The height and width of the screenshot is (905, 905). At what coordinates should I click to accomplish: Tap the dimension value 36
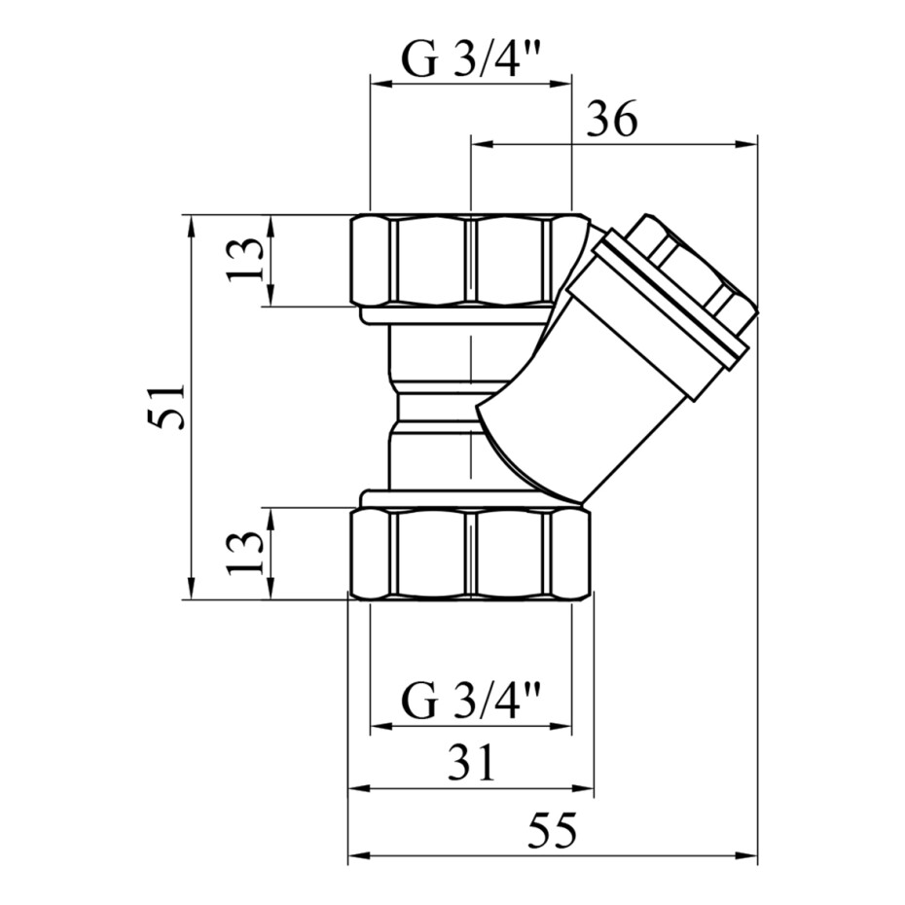click(612, 120)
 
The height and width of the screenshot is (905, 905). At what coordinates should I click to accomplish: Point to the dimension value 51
click(165, 408)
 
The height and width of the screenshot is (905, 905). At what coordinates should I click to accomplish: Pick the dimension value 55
click(553, 831)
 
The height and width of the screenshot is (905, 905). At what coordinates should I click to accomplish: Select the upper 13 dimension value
click(245, 260)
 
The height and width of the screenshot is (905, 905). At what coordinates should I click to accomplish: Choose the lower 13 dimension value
click(245, 553)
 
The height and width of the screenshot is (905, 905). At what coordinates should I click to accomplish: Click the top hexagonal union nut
click(470, 260)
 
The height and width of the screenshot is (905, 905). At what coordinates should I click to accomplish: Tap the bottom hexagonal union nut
click(472, 553)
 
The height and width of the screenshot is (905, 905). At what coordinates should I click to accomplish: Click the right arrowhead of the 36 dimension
click(745, 143)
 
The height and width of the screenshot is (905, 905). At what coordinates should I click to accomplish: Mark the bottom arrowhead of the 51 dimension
click(191, 589)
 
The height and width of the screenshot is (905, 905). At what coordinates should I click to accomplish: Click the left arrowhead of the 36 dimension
click(483, 143)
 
